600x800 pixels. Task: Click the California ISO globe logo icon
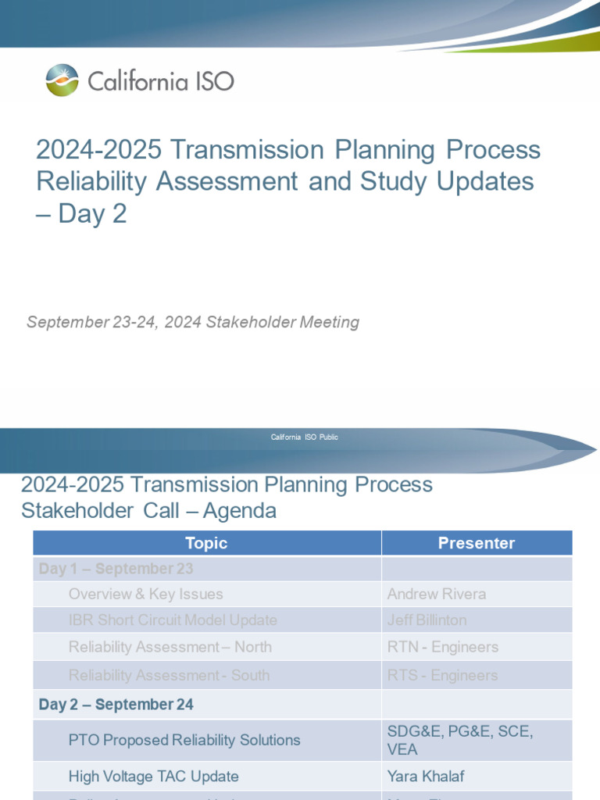62,80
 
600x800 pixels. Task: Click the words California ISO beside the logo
160,81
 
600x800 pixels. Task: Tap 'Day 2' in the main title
91,214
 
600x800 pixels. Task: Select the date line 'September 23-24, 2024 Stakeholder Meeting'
193,322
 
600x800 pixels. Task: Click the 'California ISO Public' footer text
304,437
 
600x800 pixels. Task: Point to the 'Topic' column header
206,543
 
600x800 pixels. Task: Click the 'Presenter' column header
476,543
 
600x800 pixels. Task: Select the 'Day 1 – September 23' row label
116,569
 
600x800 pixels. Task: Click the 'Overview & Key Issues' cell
145,595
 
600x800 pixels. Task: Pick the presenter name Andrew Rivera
436,595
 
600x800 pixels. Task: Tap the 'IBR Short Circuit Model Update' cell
173,620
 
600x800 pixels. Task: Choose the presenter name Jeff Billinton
427,620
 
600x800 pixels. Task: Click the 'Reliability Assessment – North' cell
170,647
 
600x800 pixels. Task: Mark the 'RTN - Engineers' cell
442,647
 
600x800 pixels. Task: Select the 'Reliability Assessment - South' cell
169,675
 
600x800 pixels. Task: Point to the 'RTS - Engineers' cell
442,675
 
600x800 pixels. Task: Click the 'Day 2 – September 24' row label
116,705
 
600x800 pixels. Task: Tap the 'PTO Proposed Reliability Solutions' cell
184,740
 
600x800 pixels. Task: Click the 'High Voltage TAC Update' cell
153,777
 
